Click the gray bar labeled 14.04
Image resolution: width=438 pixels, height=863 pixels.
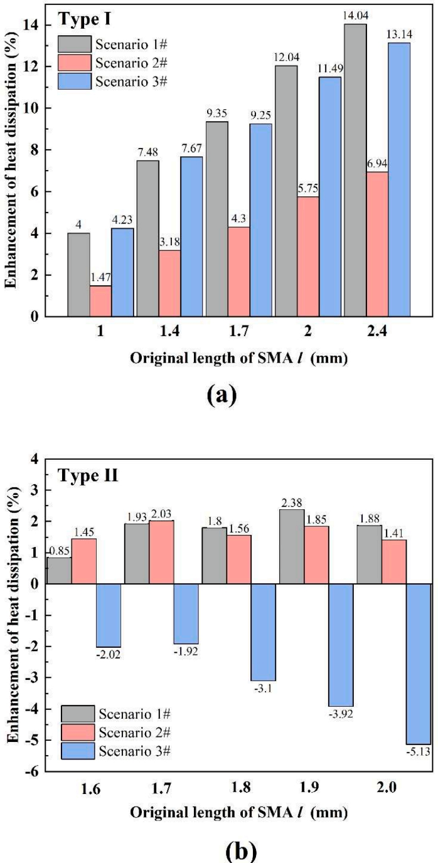tap(355, 169)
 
